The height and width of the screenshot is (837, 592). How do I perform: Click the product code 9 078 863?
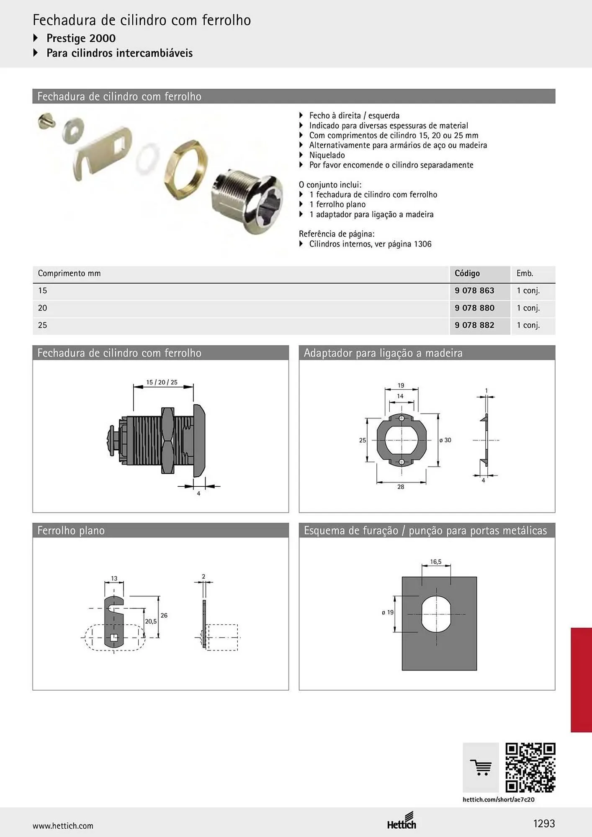[474, 290]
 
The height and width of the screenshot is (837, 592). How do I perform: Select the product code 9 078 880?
[474, 308]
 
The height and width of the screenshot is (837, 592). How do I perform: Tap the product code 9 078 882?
[474, 325]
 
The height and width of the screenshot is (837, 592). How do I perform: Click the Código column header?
[467, 273]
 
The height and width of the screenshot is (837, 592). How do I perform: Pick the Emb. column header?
[525, 273]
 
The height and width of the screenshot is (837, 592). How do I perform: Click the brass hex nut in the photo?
[187, 169]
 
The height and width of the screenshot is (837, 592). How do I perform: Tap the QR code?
[530, 768]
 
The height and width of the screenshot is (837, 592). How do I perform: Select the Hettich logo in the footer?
[402, 821]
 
